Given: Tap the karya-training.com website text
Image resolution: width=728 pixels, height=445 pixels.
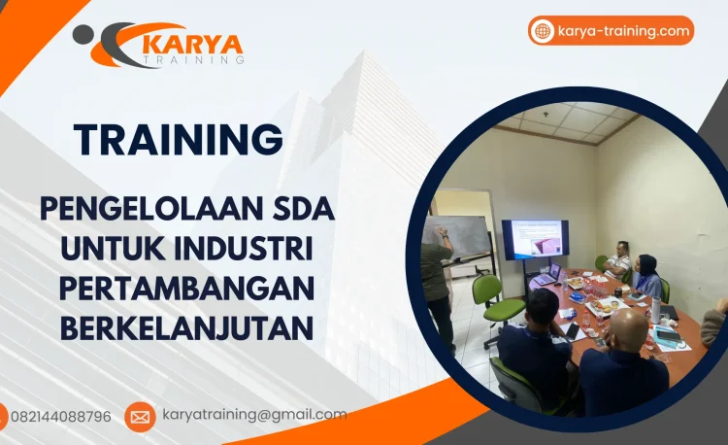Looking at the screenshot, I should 624,31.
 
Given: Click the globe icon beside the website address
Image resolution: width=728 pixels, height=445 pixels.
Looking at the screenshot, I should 543,31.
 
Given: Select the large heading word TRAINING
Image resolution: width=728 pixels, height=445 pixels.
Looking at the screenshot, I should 179,140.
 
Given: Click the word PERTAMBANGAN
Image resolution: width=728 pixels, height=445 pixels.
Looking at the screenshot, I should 186,289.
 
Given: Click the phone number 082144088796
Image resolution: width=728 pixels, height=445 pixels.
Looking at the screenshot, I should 61,417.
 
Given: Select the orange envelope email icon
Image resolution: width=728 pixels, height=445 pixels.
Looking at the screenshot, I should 140,417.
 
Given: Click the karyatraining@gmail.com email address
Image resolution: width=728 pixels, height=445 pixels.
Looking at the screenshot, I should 254,415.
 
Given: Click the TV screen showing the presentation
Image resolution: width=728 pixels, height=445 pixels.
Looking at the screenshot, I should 535,239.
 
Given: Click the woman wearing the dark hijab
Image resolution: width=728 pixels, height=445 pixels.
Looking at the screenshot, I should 646,276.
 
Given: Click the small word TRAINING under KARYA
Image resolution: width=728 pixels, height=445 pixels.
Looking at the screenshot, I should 193,60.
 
